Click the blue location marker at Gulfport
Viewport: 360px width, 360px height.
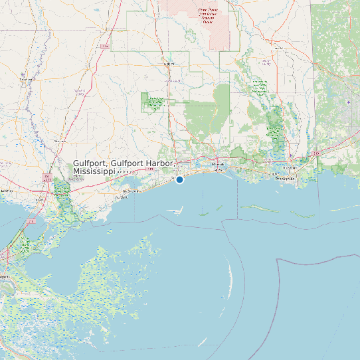(x=179, y=179)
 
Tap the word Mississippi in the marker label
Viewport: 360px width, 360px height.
(x=94, y=171)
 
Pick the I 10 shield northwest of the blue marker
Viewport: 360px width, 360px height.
(x=150, y=169)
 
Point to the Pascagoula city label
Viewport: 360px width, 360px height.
(x=285, y=179)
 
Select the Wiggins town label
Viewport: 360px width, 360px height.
(x=169, y=64)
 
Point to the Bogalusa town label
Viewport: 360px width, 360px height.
(x=26, y=80)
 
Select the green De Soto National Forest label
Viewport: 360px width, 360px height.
(x=155, y=102)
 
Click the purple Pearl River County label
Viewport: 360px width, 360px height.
(x=79, y=90)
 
